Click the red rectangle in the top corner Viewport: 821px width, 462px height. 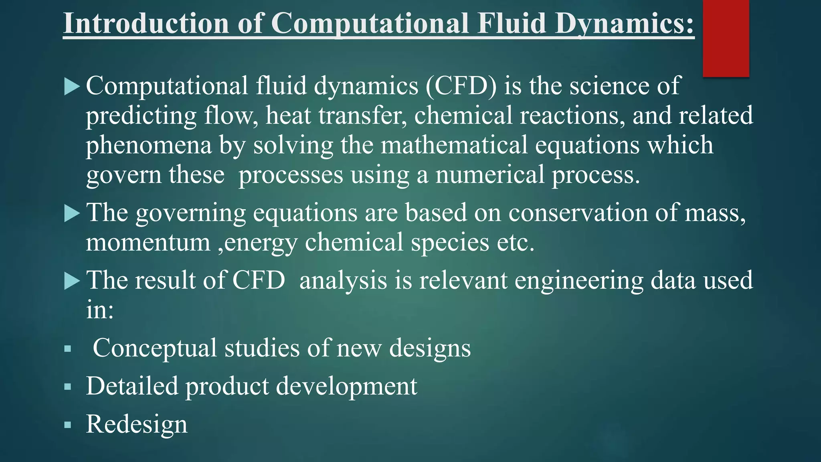(726, 38)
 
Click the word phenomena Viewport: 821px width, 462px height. (148, 145)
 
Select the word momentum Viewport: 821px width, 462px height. (148, 243)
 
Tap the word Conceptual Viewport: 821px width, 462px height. (155, 348)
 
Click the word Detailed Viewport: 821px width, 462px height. (132, 386)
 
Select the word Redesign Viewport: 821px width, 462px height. (137, 425)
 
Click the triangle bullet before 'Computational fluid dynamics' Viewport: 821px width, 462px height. (72, 87)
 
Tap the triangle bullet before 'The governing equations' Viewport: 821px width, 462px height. (72, 213)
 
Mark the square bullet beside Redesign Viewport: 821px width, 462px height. (68, 425)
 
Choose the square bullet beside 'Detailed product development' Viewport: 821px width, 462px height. (68, 387)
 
